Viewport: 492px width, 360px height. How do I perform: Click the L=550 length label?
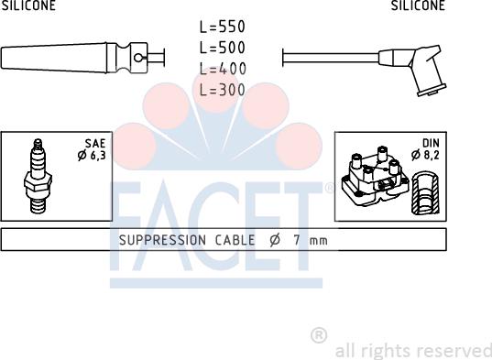click(222, 27)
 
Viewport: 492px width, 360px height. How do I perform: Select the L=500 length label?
click(222, 48)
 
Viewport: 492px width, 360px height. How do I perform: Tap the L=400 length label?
click(223, 69)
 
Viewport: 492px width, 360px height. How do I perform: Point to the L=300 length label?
click(222, 90)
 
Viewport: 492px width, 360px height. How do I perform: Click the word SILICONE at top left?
click(28, 5)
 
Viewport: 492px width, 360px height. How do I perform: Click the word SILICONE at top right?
click(418, 5)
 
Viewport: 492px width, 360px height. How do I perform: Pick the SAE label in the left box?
click(95, 144)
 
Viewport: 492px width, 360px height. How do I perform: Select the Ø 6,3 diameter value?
click(92, 155)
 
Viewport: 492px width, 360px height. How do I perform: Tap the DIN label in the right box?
click(431, 143)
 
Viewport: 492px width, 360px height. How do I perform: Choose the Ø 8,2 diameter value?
click(425, 155)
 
